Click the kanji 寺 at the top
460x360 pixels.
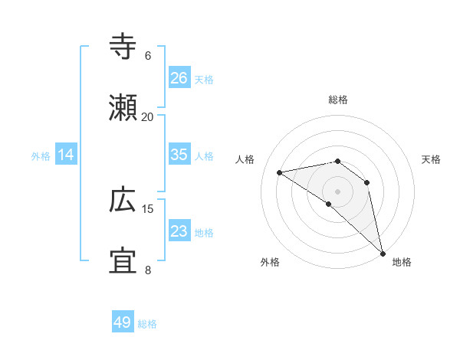123,47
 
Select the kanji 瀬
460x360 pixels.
123,108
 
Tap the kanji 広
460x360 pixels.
123,201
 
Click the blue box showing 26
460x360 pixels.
179,77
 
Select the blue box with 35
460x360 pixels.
179,155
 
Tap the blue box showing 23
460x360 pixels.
179,231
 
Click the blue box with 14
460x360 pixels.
66,155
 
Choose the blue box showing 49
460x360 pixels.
123,322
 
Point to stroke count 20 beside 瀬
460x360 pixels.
147,116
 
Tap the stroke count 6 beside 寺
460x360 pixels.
147,55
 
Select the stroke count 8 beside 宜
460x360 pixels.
147,270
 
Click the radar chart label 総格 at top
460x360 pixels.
337,100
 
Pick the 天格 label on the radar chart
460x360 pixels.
431,159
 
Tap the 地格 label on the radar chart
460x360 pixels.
402,262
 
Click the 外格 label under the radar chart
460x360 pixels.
270,262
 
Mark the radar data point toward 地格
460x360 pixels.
382,252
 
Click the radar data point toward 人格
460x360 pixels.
280,172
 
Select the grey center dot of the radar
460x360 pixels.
337,191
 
